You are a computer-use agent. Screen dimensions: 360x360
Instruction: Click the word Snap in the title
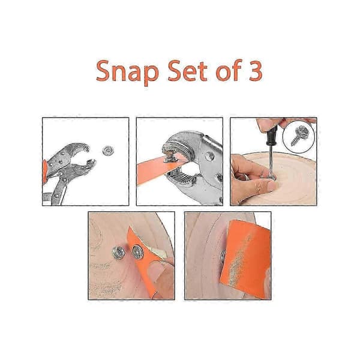pyautogui.click(x=127, y=72)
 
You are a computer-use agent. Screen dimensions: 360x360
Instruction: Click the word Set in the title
pyautogui.click(x=187, y=71)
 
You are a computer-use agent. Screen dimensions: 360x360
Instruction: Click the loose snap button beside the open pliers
pyautogui.click(x=108, y=151)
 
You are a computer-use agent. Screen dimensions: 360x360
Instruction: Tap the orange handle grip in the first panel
pyautogui.click(x=44, y=172)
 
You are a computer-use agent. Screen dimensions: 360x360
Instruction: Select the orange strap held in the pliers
pyautogui.click(x=158, y=170)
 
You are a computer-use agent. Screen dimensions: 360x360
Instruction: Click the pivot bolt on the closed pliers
pyautogui.click(x=209, y=157)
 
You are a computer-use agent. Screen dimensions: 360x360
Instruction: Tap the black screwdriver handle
pyautogui.click(x=272, y=135)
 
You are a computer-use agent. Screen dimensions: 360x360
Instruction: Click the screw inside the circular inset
pyautogui.click(x=299, y=136)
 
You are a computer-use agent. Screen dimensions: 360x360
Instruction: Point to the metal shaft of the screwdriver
pyautogui.click(x=271, y=161)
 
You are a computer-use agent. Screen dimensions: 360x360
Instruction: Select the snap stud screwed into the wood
pyautogui.click(x=119, y=253)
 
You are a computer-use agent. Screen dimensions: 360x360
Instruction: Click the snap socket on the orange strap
pyautogui.click(x=138, y=251)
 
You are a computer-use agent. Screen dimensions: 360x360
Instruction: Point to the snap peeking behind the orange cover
pyautogui.click(x=223, y=257)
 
